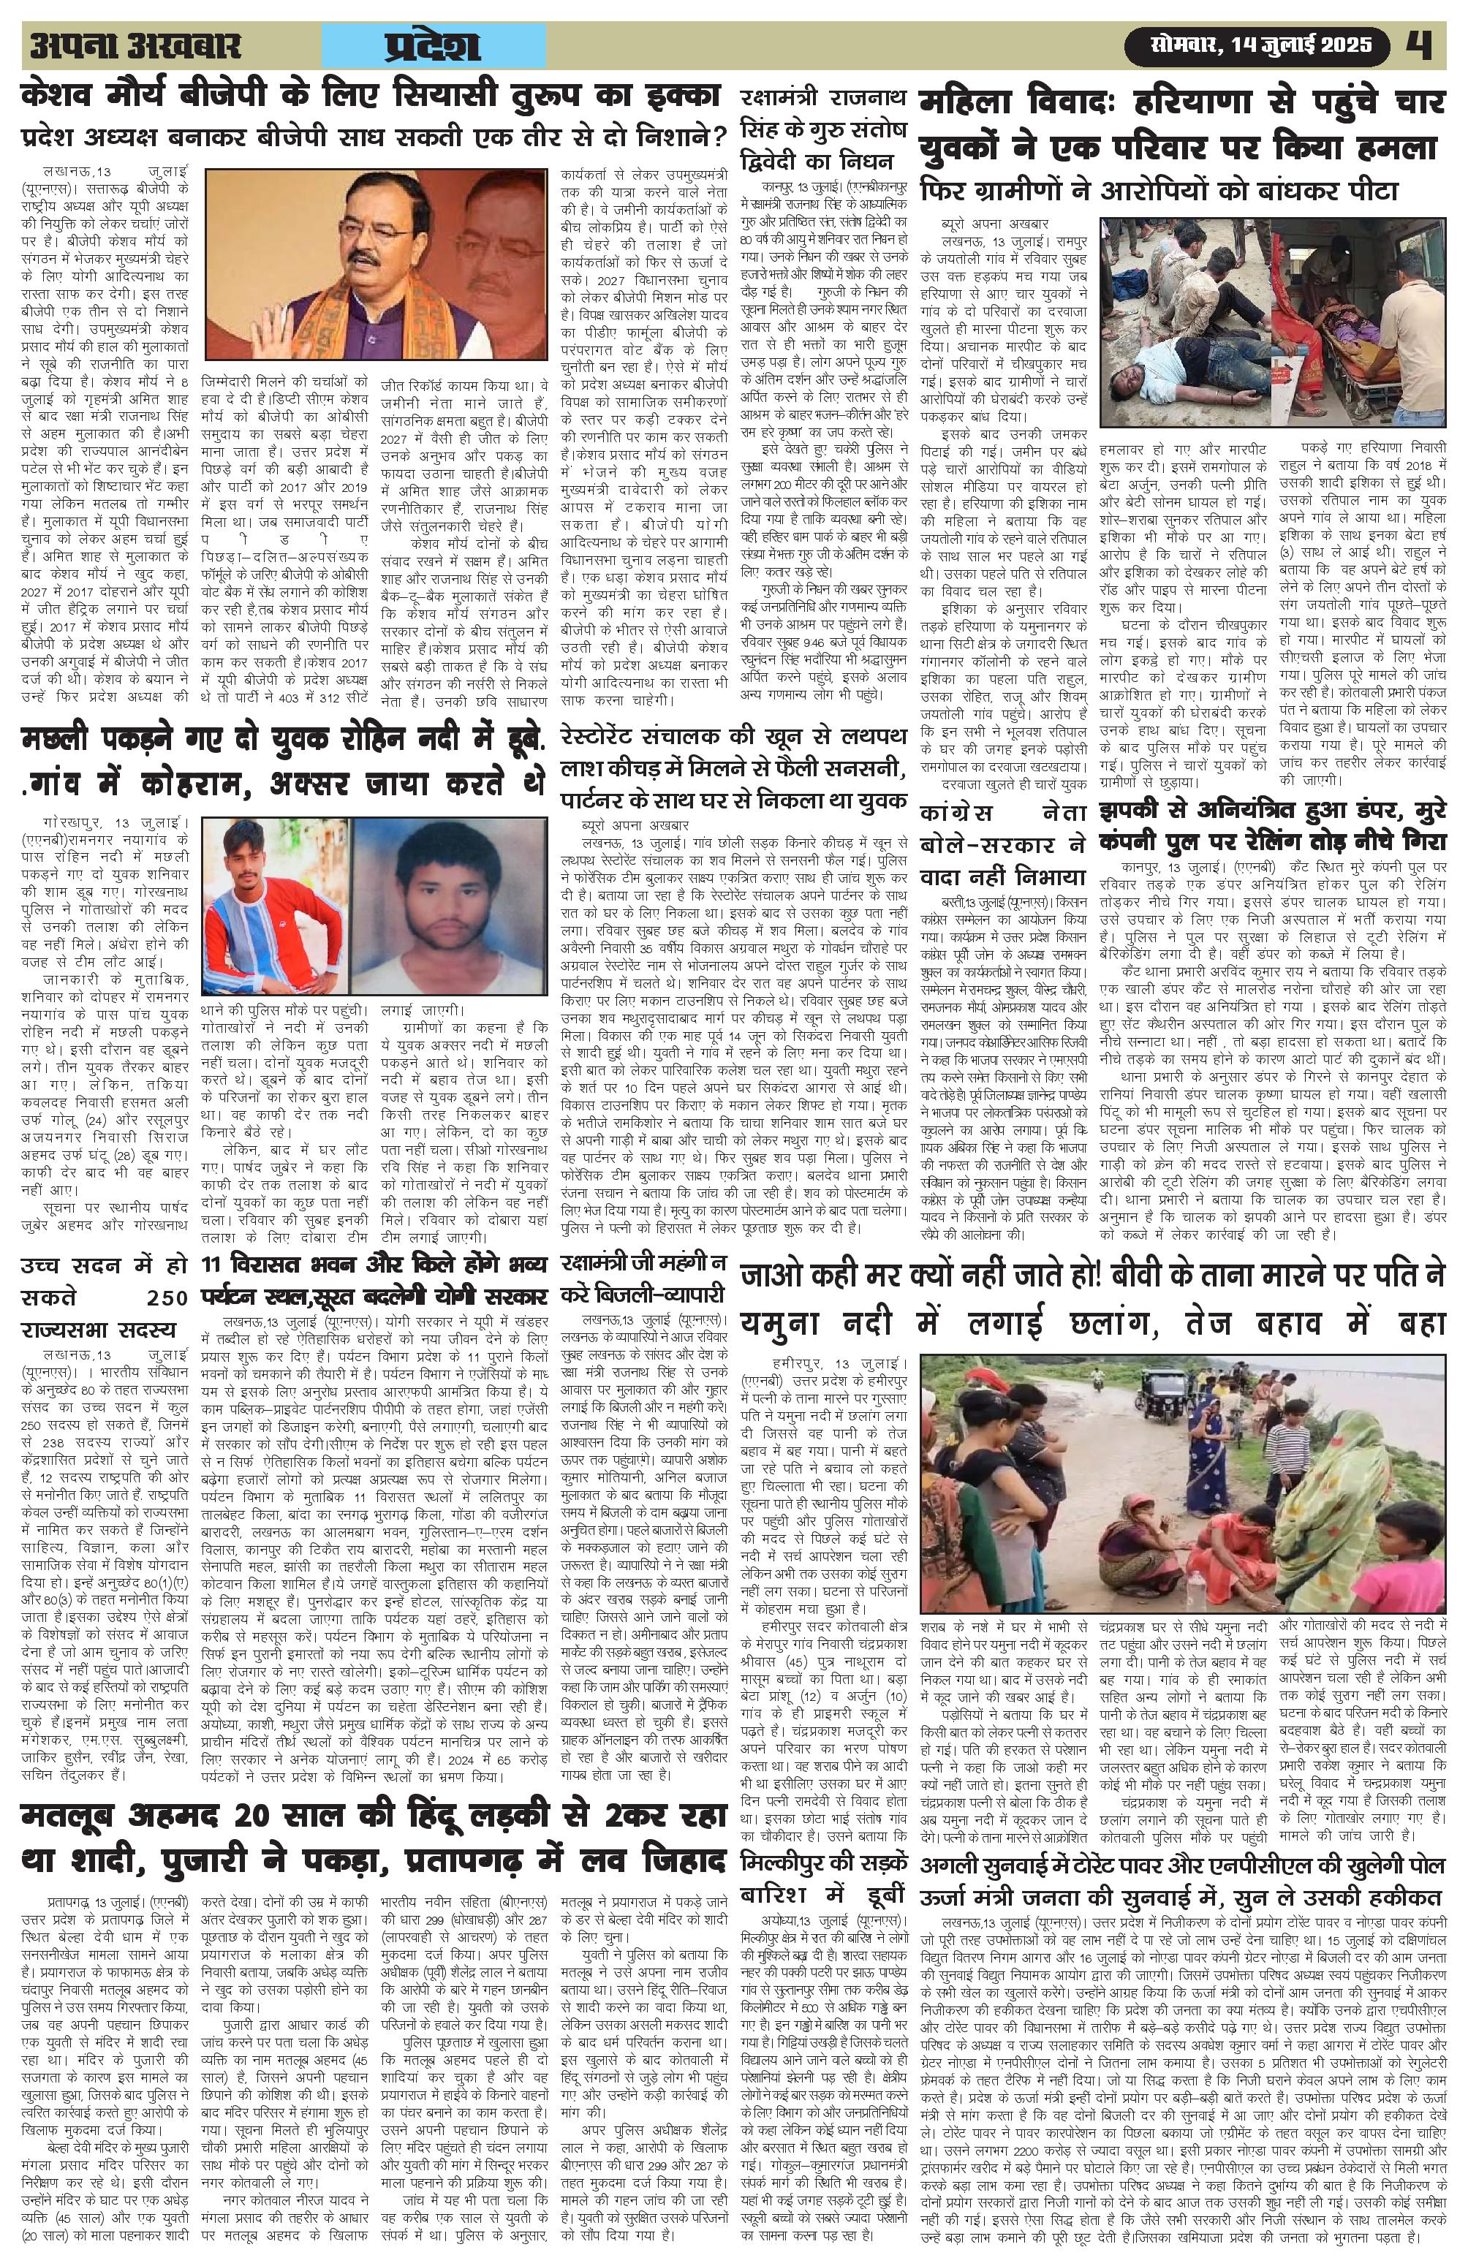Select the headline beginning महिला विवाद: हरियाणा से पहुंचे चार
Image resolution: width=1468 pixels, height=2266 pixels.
click(1181, 124)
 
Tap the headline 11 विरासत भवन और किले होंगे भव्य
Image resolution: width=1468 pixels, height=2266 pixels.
click(376, 1280)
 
